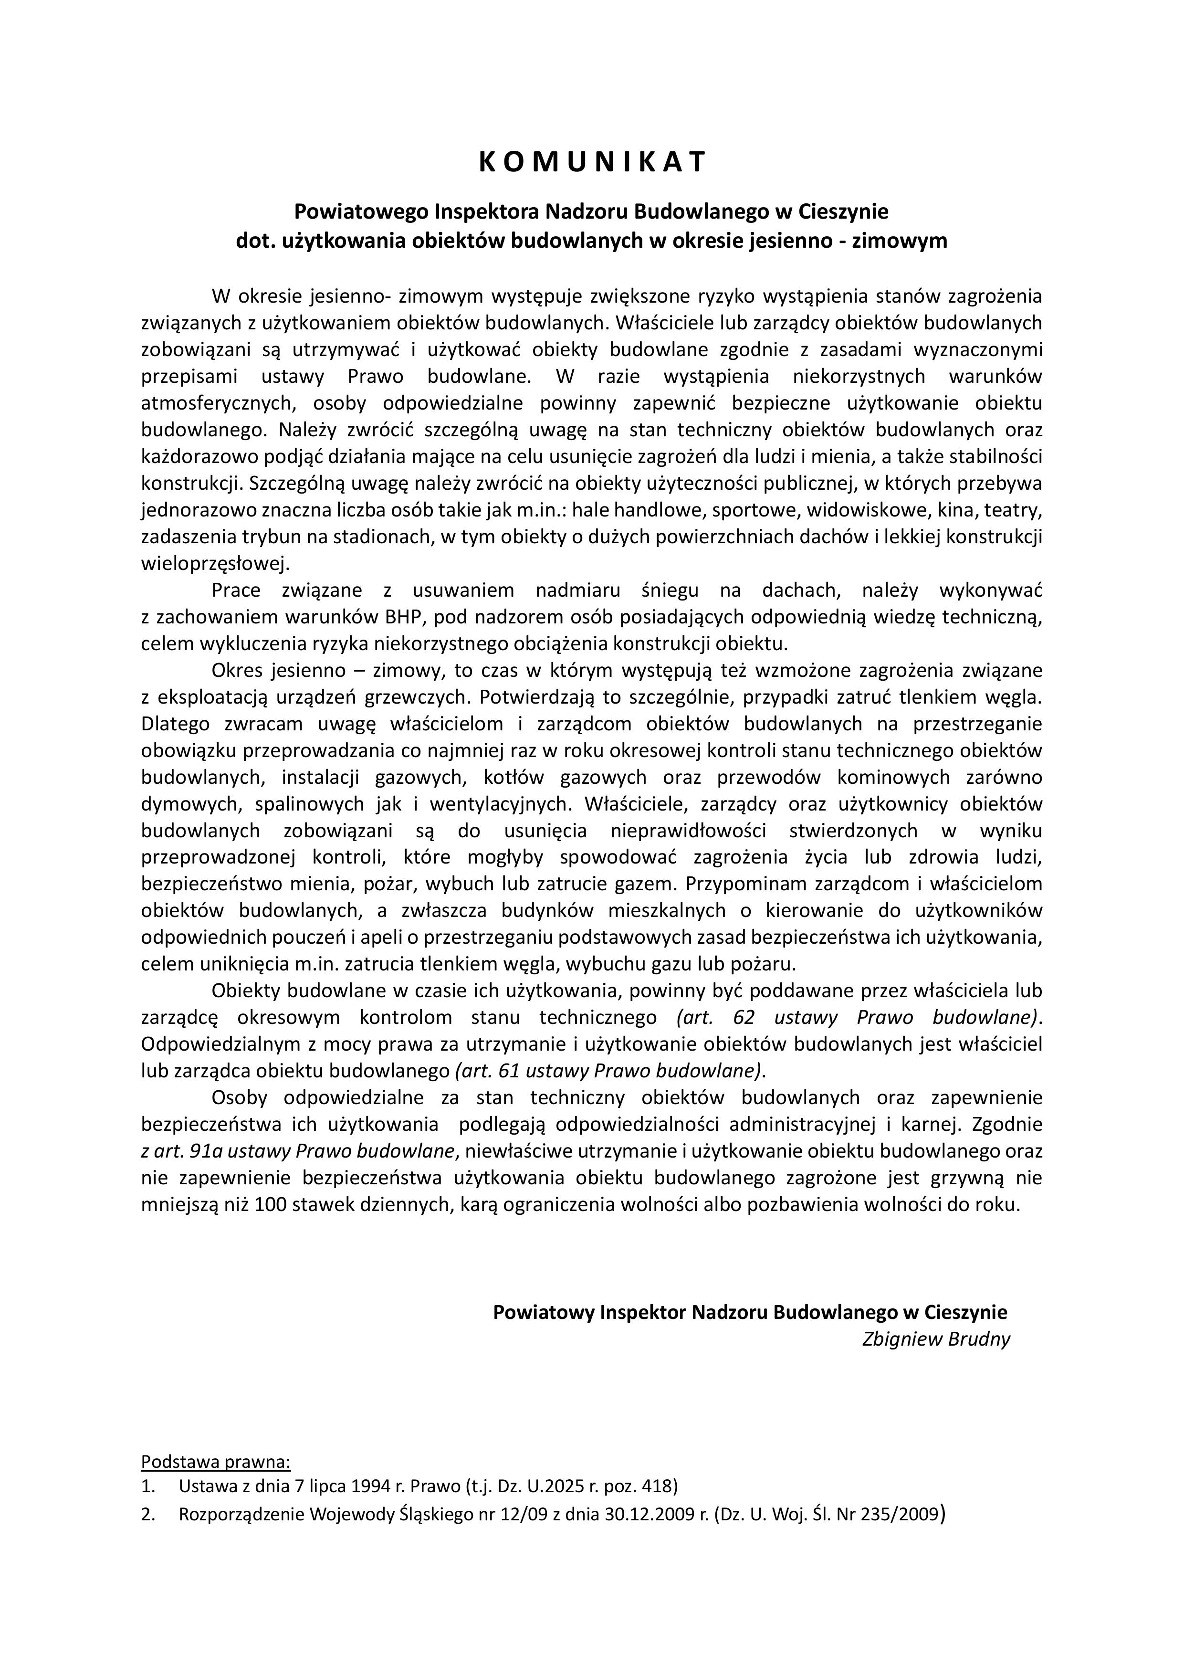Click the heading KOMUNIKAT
pos(592,162)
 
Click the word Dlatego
pos(175,724)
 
